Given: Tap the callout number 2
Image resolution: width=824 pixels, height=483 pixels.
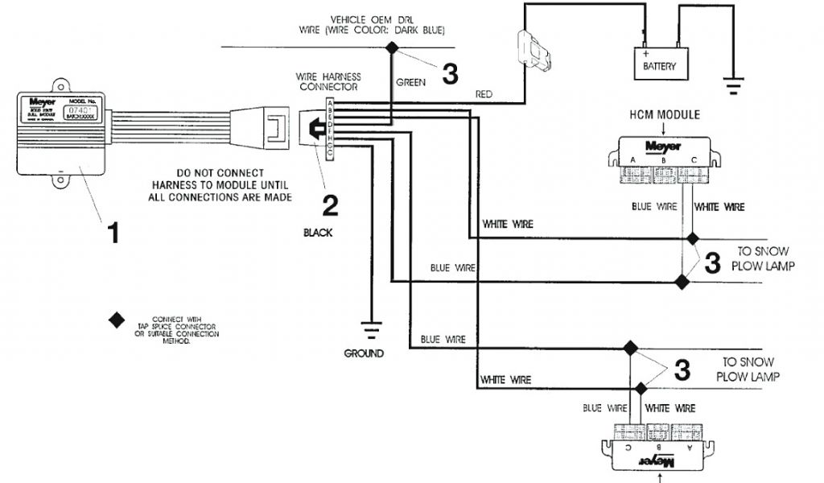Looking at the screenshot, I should pos(329,205).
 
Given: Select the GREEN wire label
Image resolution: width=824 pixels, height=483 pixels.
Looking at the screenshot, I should pos(410,82).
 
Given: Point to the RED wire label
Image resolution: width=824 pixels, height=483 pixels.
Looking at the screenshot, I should pos(484,94).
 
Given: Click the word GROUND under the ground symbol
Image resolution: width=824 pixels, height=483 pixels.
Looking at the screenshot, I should pos(364,353).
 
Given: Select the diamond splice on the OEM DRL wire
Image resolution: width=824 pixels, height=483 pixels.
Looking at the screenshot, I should pos(392,48).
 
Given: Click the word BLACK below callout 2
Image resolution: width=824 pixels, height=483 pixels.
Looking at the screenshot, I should pos(318,233).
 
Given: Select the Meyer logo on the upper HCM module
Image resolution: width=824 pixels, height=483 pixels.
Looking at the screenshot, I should pos(664,147).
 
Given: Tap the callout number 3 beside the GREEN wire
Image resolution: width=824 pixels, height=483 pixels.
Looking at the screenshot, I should pos(450,74).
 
